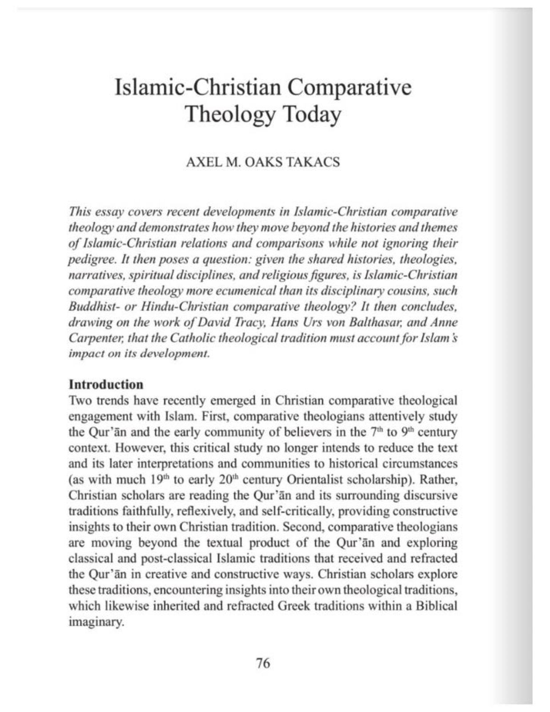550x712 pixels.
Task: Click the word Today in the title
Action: click(x=312, y=115)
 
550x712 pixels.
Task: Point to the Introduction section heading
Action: click(x=106, y=384)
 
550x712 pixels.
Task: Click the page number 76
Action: click(x=263, y=663)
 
